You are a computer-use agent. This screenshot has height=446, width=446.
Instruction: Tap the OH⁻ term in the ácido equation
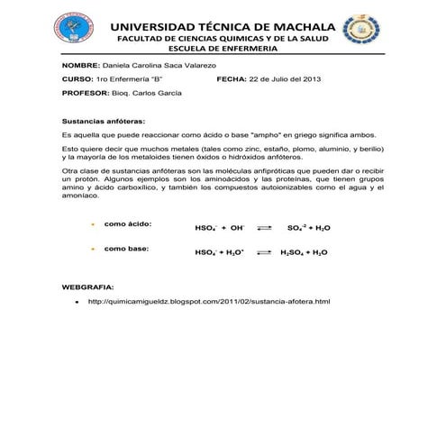pyautogui.click(x=237, y=229)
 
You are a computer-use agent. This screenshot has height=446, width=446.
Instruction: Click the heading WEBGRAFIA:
pyautogui.click(x=87, y=286)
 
